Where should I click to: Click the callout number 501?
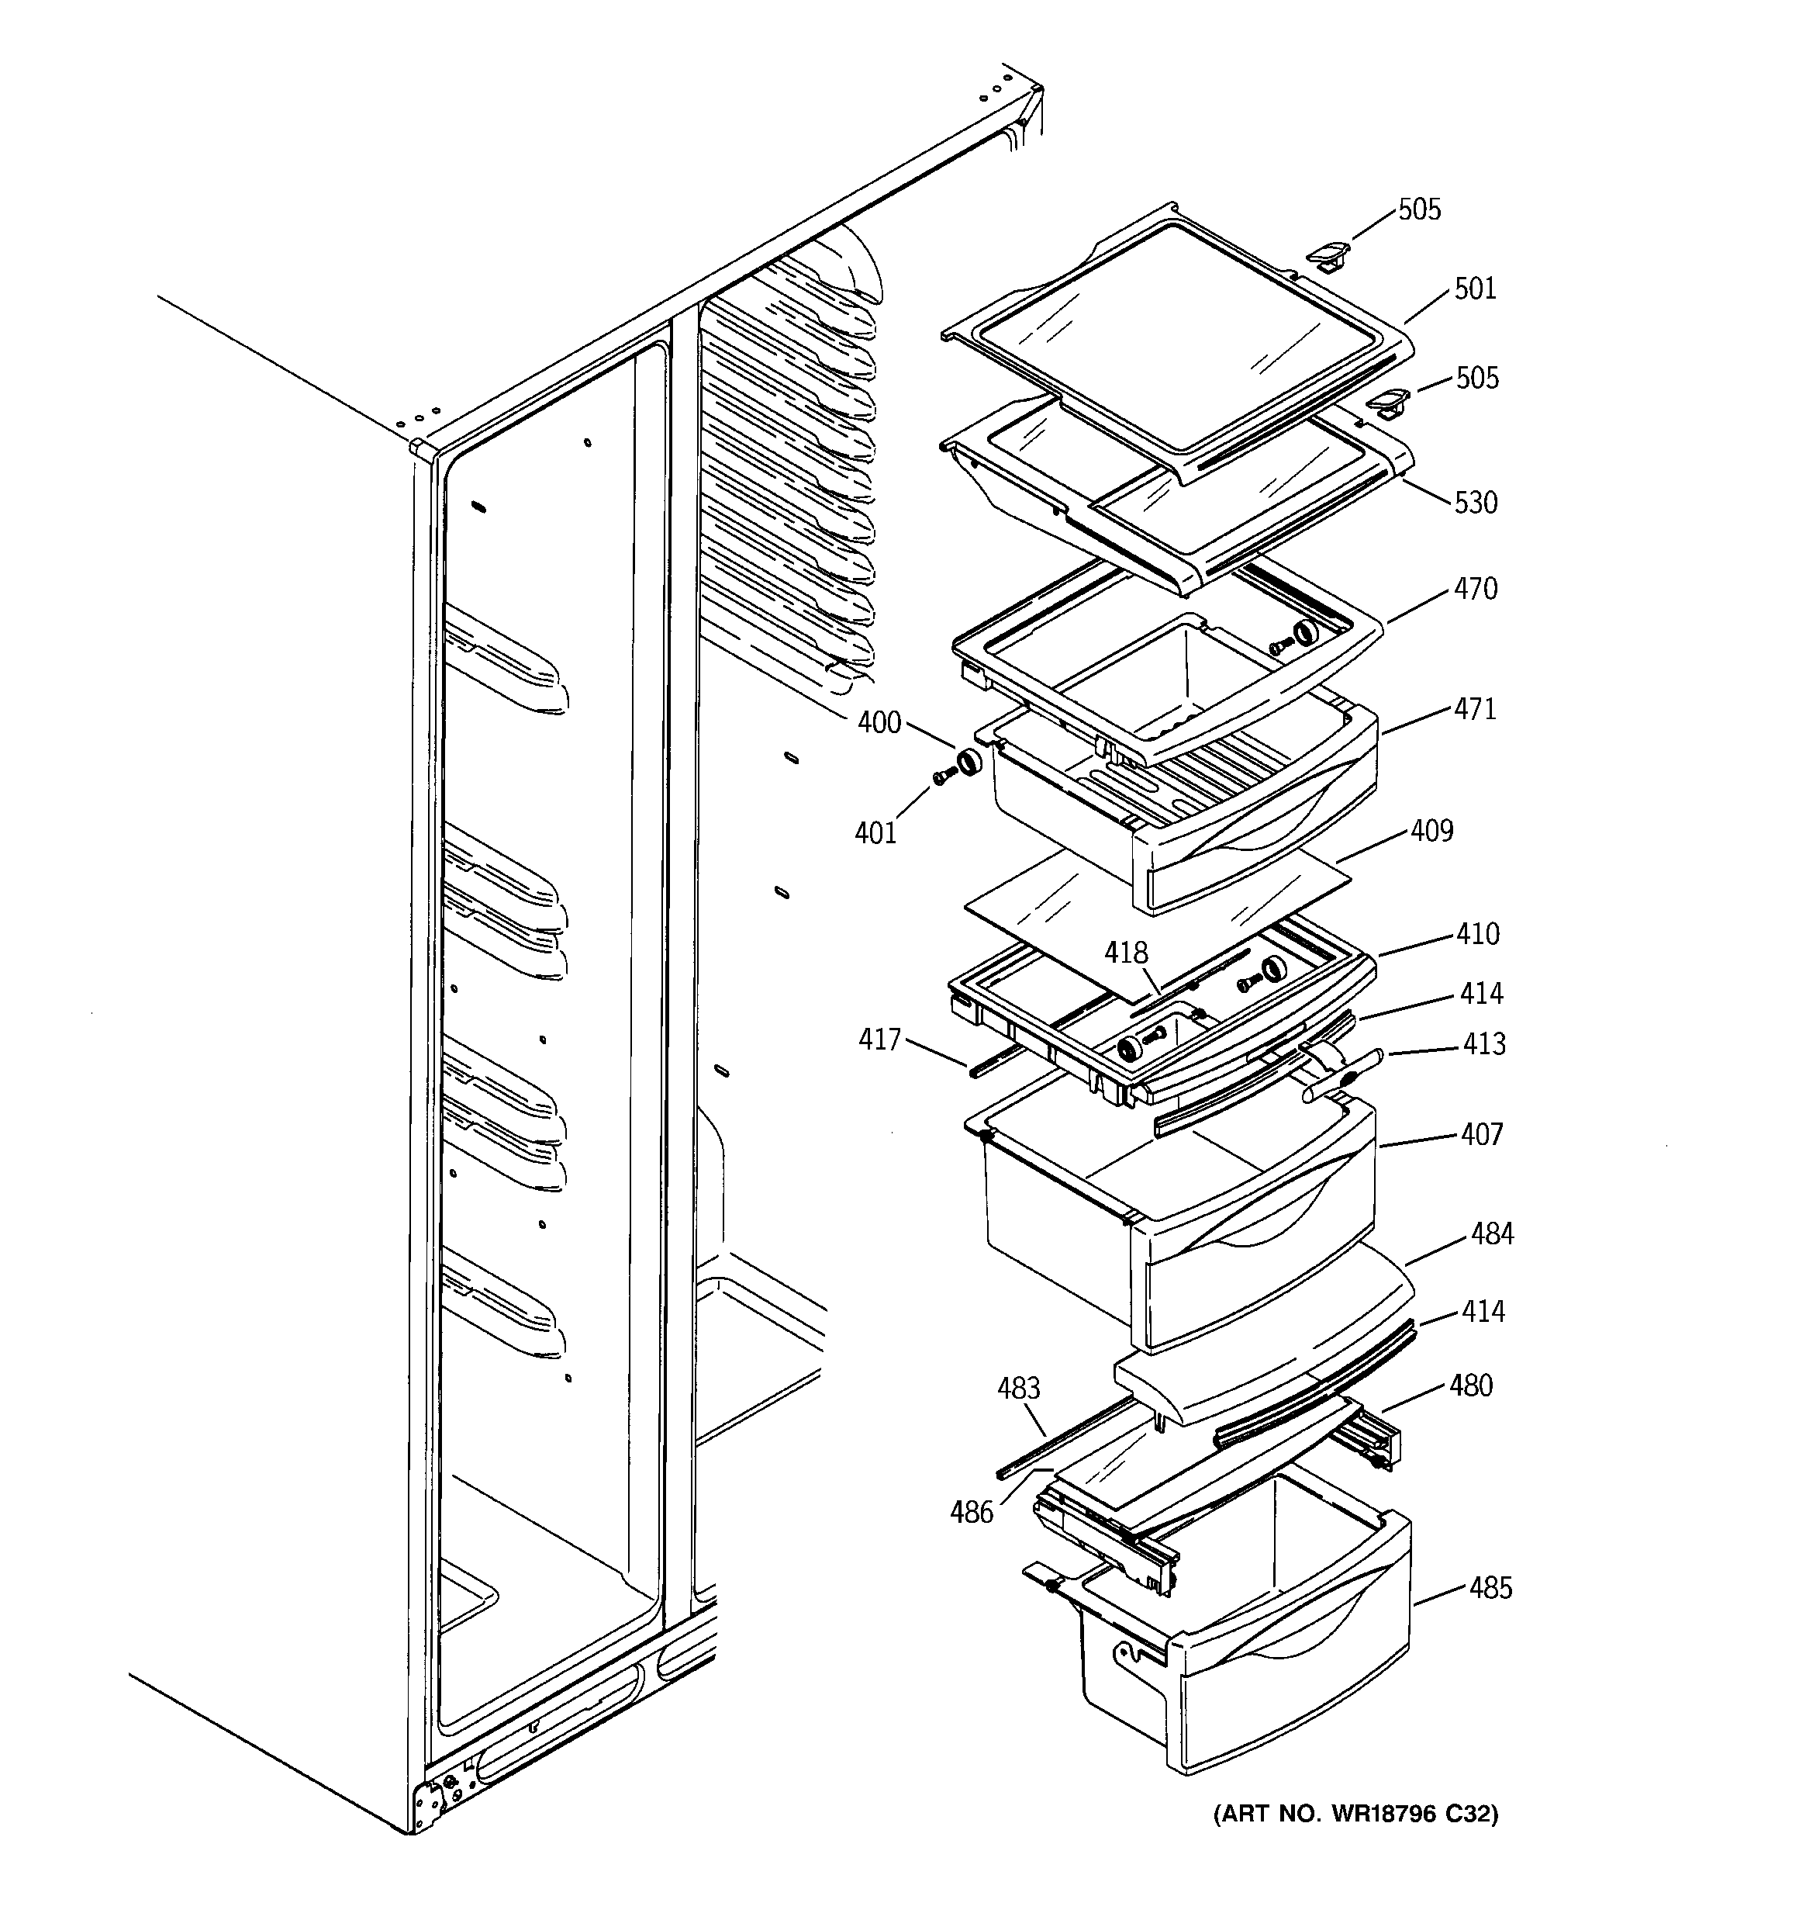pyautogui.click(x=1475, y=289)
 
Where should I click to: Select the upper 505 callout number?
pyautogui.click(x=1418, y=209)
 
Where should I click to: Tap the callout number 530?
pyautogui.click(x=1476, y=502)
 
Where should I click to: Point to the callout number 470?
pyautogui.click(x=1476, y=589)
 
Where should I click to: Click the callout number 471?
pyautogui.click(x=1476, y=709)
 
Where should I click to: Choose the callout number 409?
pyautogui.click(x=1431, y=831)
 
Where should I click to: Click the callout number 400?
pyautogui.click(x=879, y=722)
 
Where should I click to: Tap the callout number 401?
pyautogui.click(x=875, y=832)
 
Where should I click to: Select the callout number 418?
pyautogui.click(x=1126, y=953)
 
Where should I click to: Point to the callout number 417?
pyautogui.click(x=879, y=1040)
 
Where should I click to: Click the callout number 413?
pyautogui.click(x=1483, y=1044)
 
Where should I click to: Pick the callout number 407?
pyautogui.click(x=1481, y=1134)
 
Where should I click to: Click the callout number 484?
pyautogui.click(x=1492, y=1233)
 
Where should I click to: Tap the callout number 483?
pyautogui.click(x=1018, y=1388)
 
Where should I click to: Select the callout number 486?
pyautogui.click(x=972, y=1513)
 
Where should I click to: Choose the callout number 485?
pyautogui.click(x=1490, y=1588)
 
